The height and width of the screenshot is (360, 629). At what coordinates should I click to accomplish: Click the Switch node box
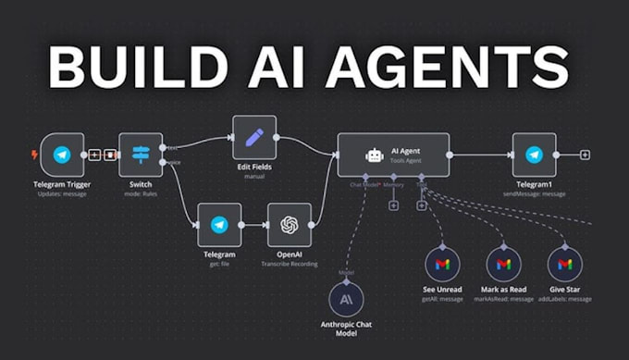[x=141, y=155]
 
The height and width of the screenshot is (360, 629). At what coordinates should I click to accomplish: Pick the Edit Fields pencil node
[x=254, y=139]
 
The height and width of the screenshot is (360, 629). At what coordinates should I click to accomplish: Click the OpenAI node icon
[x=289, y=225]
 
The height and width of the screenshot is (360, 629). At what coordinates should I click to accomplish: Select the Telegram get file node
[x=219, y=225]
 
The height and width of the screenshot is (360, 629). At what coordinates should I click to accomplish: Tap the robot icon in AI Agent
[x=375, y=155]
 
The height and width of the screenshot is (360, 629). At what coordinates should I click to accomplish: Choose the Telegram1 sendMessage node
[x=534, y=155]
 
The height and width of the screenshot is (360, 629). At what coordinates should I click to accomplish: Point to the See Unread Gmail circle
[x=442, y=265]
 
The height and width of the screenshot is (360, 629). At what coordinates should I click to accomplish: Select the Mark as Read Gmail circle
[x=503, y=265]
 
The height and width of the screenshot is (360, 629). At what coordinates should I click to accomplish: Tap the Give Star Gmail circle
[x=565, y=265]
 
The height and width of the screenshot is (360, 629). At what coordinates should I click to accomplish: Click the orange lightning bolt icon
[x=35, y=155]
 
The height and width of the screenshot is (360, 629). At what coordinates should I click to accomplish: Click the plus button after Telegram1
[x=585, y=155]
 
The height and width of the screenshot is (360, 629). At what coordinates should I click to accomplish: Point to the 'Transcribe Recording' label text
[x=289, y=265]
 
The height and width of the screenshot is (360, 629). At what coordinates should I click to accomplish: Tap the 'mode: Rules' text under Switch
[x=141, y=194]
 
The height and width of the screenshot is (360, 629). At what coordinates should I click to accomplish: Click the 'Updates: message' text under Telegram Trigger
[x=61, y=194]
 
